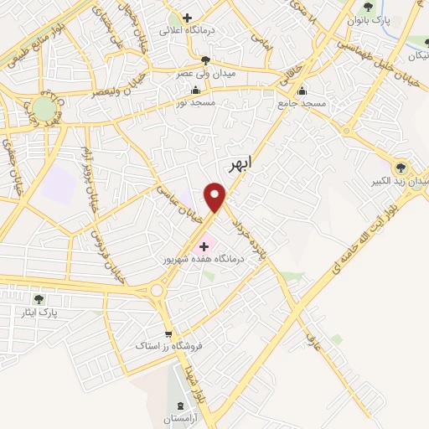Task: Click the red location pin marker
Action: tap(217, 198)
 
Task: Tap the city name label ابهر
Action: tap(239, 165)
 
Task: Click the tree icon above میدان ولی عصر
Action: tap(205, 59)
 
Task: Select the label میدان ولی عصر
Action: tap(205, 72)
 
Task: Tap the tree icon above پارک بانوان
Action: tap(367, 7)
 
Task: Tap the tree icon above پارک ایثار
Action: tap(39, 298)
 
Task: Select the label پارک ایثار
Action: tap(39, 312)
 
